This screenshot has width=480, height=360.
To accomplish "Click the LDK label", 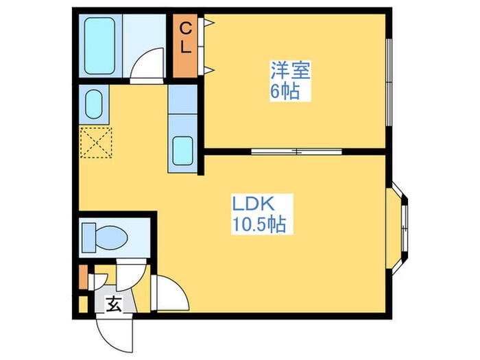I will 253,204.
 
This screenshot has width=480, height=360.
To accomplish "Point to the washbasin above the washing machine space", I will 93,103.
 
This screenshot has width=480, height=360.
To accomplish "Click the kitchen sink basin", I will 183,150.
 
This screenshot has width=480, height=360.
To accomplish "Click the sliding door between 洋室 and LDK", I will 296,151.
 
